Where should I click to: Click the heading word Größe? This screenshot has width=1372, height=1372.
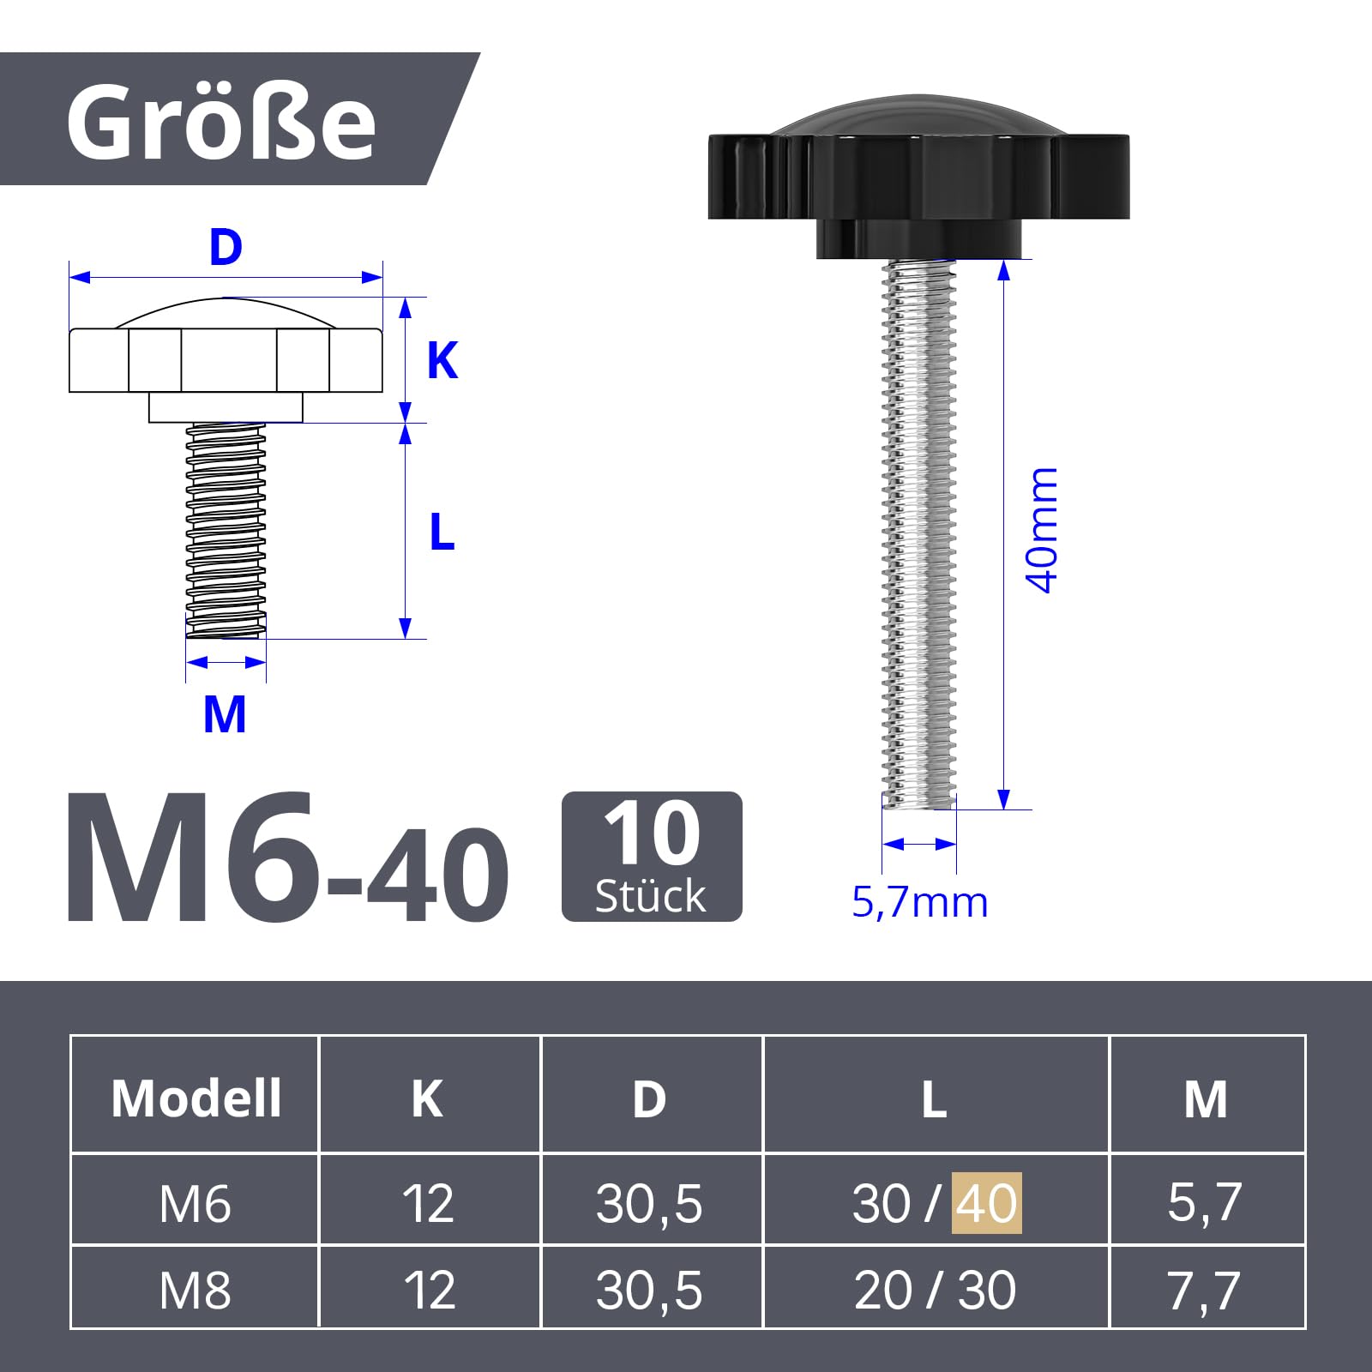coord(221,122)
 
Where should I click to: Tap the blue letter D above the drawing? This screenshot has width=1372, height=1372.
coord(226,247)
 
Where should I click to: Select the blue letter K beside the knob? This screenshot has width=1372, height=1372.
coord(442,360)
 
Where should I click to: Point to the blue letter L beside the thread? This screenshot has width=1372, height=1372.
coord(442,532)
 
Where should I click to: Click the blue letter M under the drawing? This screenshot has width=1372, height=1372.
coord(225,714)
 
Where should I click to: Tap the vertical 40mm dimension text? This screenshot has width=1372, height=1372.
coord(1043,530)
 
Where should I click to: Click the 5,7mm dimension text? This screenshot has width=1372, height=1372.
coord(919,902)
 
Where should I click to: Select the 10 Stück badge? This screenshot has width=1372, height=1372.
coord(652,857)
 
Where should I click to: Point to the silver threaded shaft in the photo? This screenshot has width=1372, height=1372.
coord(918,533)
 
